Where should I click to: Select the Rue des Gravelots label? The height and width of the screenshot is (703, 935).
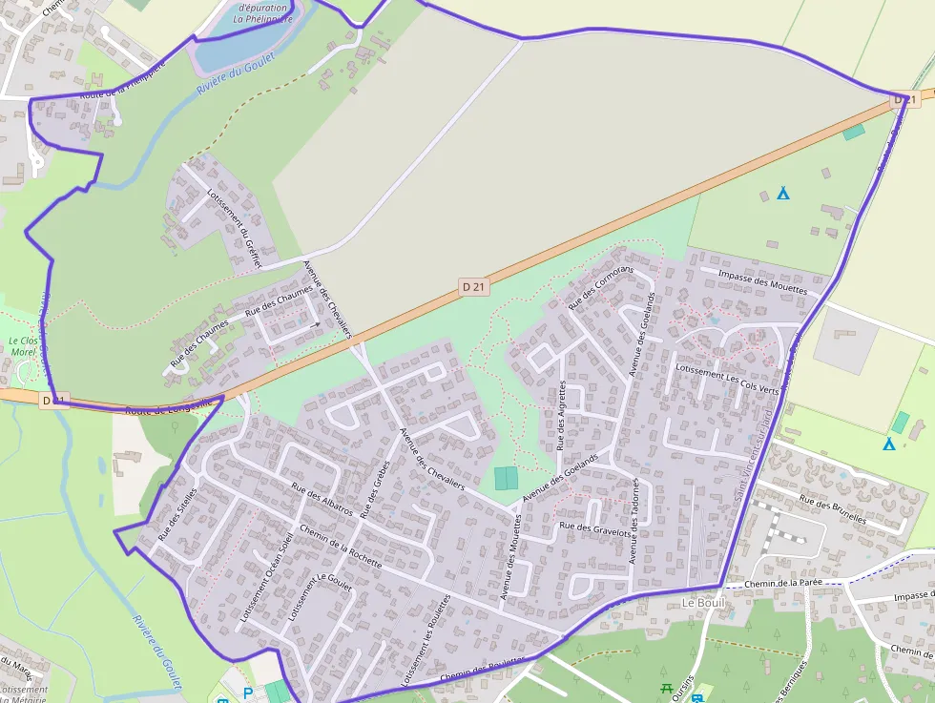594,527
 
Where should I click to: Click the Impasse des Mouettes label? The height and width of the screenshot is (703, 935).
762,280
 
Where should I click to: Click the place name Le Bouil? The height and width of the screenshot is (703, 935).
704,604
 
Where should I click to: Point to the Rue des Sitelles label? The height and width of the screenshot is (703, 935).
177,514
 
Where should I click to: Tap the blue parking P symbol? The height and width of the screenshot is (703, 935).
249,693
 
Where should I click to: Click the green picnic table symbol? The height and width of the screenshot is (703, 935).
666,687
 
